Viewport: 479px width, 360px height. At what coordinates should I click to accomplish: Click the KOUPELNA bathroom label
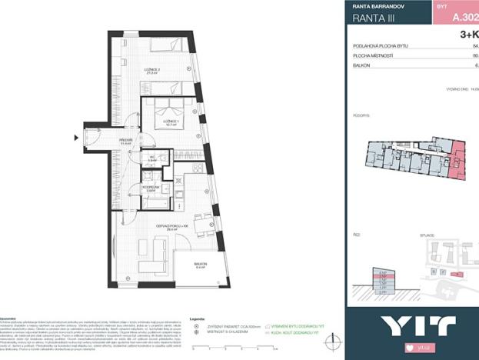click(x=150, y=187)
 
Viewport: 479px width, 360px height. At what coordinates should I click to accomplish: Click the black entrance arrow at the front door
click(x=76, y=138)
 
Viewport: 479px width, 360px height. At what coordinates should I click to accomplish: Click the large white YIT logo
click(x=412, y=325)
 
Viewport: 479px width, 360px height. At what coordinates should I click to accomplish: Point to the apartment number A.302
click(x=464, y=15)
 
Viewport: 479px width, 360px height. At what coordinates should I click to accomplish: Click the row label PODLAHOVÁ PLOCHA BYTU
click(x=380, y=46)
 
